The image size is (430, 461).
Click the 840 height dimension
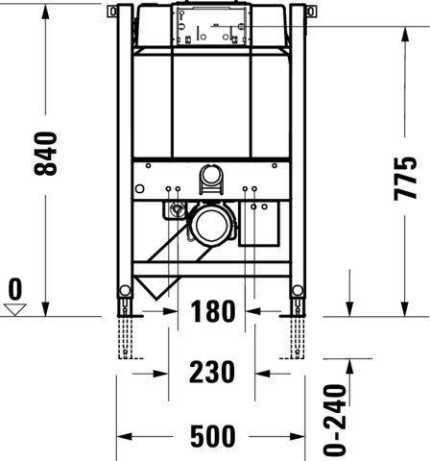click(x=46, y=154)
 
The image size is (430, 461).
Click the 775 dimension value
click(x=405, y=179)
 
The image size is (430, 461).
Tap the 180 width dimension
click(x=213, y=311)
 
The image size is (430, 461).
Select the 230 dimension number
click(x=212, y=372)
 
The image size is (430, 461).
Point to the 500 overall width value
click(x=213, y=436)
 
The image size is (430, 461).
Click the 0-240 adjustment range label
click(x=335, y=420)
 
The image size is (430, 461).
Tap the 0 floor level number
click(x=15, y=289)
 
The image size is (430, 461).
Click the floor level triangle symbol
click(x=15, y=310)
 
